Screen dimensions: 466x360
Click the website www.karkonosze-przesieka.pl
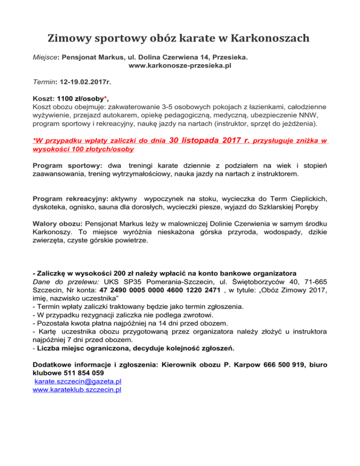(180, 66)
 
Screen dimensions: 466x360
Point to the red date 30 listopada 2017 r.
(209, 140)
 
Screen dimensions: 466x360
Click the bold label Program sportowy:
(68, 166)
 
